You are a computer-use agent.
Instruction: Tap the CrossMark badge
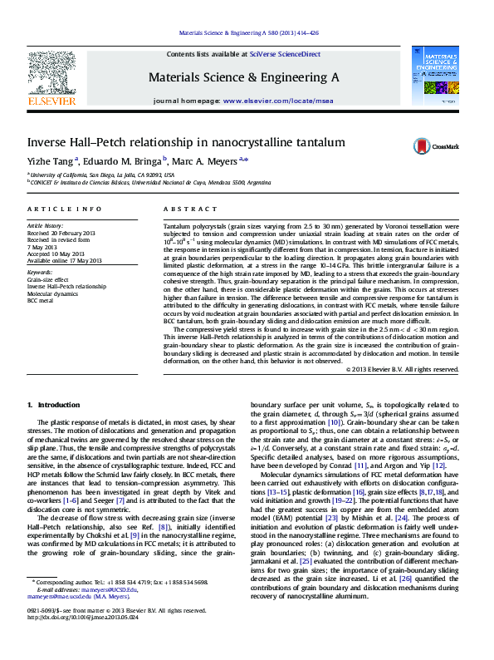click(435, 146)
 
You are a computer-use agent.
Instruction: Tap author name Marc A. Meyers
click(204, 161)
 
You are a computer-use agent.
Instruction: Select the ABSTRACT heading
click(183, 209)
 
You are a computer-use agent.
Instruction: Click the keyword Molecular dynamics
click(51, 294)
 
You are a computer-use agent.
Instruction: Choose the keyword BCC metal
click(41, 301)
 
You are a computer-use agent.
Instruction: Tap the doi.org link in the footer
click(81, 642)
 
